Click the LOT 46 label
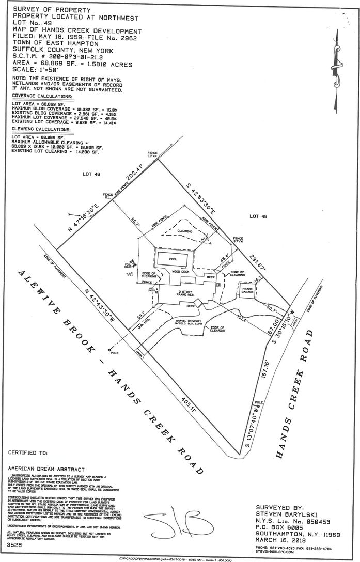coord(90,174)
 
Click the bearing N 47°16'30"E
coord(80,222)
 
